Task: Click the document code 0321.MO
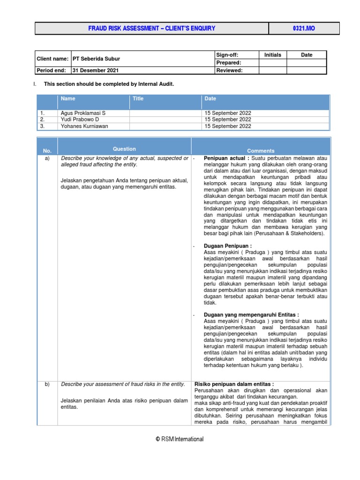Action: click(x=304, y=29)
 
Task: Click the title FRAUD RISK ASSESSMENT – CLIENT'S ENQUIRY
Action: click(x=152, y=29)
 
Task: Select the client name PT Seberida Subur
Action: click(x=96, y=59)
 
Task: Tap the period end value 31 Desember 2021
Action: click(x=95, y=71)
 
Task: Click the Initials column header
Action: click(x=272, y=55)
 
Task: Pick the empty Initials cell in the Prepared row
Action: click(x=272, y=63)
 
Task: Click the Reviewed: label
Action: click(x=229, y=71)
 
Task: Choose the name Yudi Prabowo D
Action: click(x=80, y=120)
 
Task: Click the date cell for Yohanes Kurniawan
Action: click(x=228, y=126)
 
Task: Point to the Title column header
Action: click(x=138, y=99)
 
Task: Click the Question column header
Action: click(x=124, y=149)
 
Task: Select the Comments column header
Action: click(x=261, y=151)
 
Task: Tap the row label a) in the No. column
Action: click(x=47, y=159)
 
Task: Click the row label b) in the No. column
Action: click(x=47, y=384)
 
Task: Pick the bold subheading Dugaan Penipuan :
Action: click(x=228, y=246)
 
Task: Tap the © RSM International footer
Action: click(x=180, y=439)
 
